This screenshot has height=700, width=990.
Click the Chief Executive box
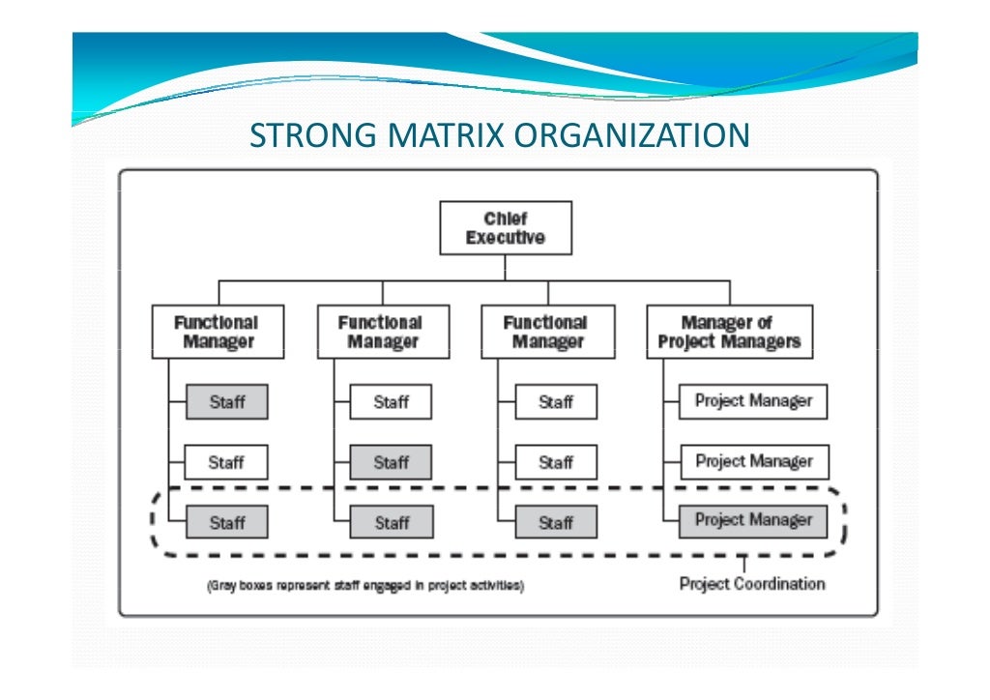(x=506, y=228)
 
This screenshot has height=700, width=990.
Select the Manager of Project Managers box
(x=729, y=332)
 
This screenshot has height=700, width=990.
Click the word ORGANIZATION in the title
(x=629, y=135)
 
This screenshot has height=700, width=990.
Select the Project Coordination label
(x=751, y=583)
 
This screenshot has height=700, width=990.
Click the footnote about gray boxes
(x=365, y=586)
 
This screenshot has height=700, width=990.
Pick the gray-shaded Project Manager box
(x=753, y=521)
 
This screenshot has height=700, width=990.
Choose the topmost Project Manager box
(x=753, y=401)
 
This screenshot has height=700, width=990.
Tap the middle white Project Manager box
(x=753, y=462)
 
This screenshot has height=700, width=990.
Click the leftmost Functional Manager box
(x=218, y=332)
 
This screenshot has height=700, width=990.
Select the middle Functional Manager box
(x=383, y=332)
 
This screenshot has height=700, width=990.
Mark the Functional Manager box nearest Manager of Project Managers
(x=547, y=332)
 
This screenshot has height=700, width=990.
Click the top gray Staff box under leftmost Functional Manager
(x=226, y=402)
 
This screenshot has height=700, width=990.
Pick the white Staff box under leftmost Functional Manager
(x=226, y=463)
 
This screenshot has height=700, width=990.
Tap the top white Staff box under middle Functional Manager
(x=391, y=402)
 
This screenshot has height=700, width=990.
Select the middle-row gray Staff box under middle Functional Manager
(x=391, y=463)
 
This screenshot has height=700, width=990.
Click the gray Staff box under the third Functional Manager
(x=556, y=523)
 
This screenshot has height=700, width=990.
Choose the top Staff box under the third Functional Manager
(x=556, y=402)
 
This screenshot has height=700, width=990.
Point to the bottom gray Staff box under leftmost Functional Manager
(x=226, y=523)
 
